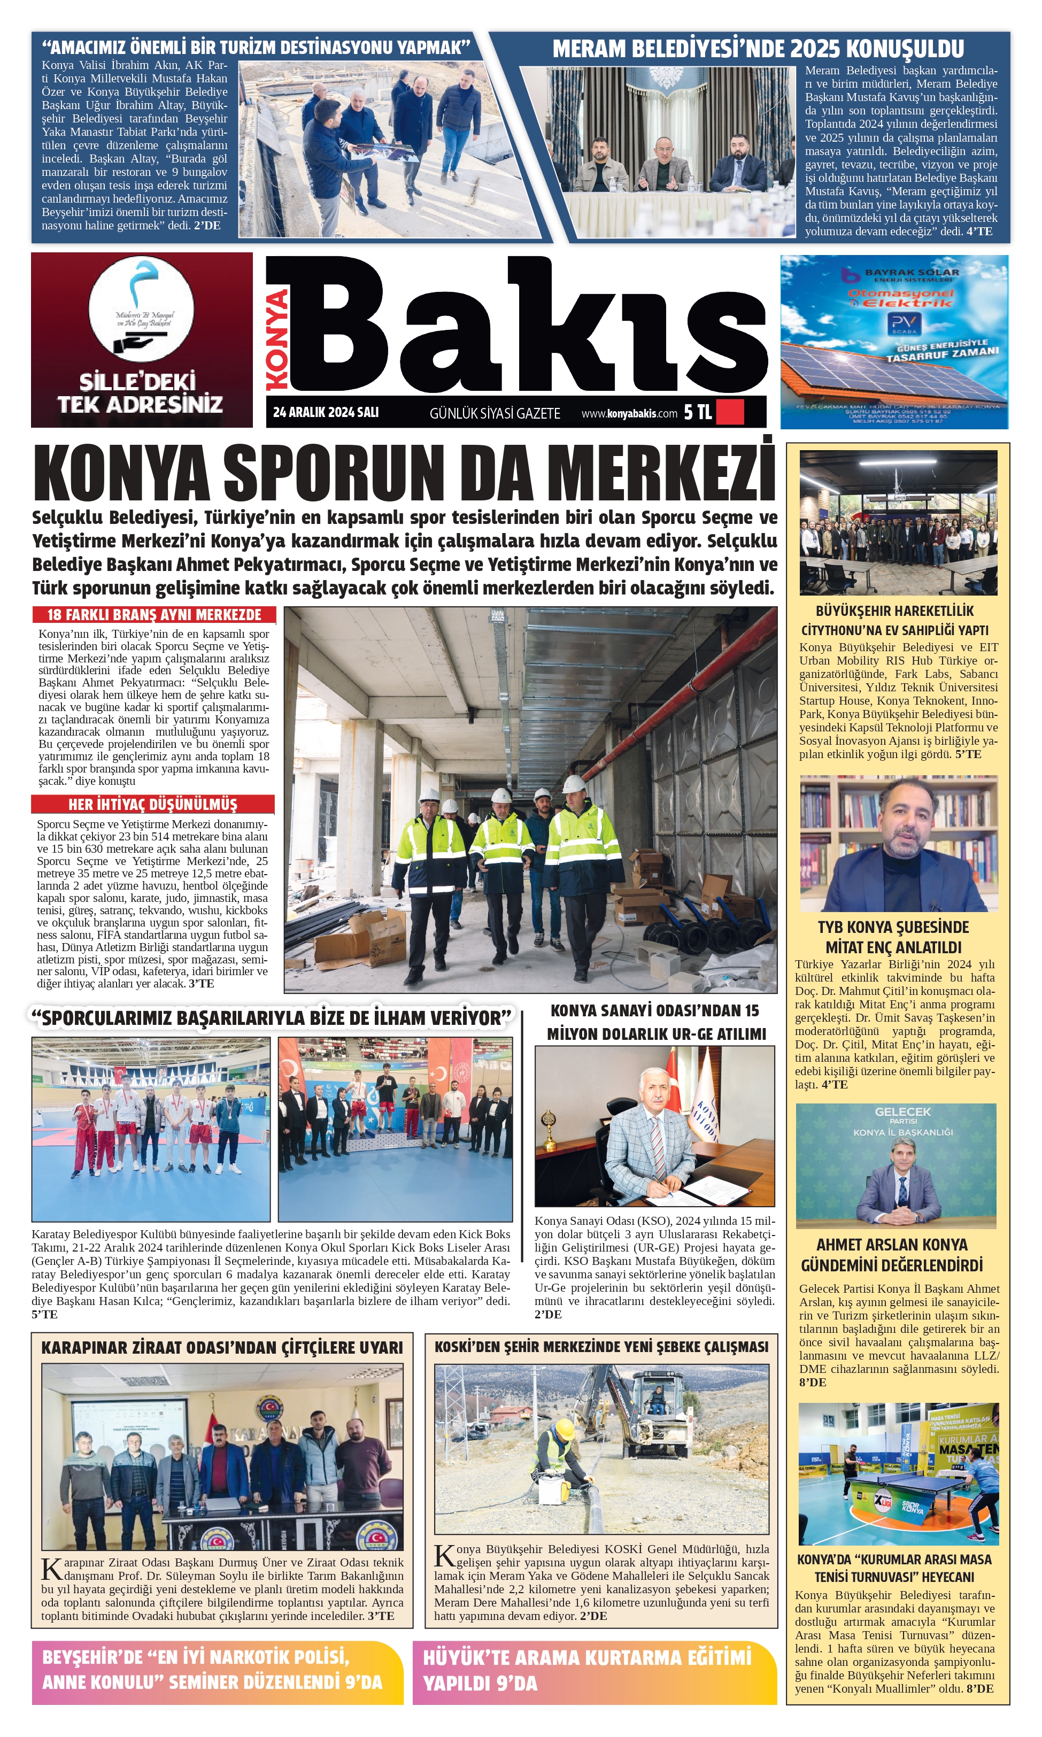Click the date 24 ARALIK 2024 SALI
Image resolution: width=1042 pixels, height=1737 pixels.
[x=325, y=412]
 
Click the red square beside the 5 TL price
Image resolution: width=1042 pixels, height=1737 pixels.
[x=730, y=412]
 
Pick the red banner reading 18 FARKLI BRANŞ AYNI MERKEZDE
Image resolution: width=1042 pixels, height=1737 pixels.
[x=154, y=615]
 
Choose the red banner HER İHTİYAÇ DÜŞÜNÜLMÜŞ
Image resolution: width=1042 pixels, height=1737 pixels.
[x=152, y=804]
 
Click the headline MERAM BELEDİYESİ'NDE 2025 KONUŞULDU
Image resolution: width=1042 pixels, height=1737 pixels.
[x=758, y=49]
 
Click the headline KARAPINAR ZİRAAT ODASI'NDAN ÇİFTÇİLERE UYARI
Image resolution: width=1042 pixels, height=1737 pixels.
[x=222, y=1347]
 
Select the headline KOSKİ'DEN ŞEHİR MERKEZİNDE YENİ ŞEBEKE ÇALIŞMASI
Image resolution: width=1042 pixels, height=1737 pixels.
[x=601, y=1347]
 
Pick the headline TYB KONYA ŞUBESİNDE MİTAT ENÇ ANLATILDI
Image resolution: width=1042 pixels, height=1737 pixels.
[x=893, y=937]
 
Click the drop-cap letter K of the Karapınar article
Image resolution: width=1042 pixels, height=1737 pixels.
[x=52, y=1571]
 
